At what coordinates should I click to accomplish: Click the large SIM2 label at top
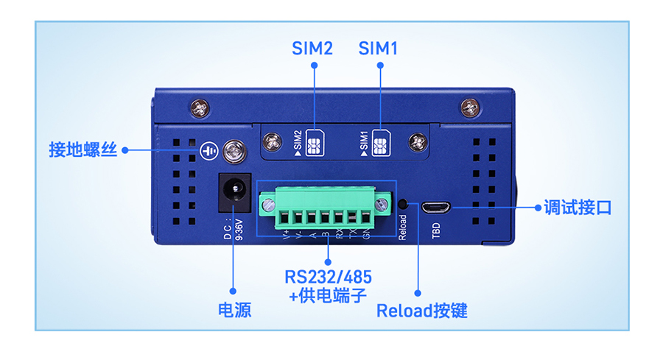coord(312,49)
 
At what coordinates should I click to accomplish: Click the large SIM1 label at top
coord(379,49)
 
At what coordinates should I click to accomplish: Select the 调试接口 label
coord(578,208)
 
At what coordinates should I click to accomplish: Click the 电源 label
coord(234,310)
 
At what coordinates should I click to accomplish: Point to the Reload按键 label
coord(421,310)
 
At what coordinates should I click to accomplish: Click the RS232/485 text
coord(328,278)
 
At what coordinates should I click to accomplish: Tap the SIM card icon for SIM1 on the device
coord(380,141)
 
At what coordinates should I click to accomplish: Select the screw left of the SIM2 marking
coord(274,141)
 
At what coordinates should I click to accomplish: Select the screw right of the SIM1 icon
coord(418,141)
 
